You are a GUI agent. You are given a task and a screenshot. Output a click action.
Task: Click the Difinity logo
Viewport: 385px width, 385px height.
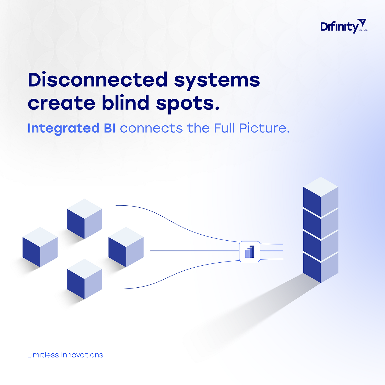pos(344,26)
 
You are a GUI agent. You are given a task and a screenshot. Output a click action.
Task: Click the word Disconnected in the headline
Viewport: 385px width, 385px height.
pos(98,80)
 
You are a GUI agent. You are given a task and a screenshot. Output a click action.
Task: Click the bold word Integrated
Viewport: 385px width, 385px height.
pos(64,129)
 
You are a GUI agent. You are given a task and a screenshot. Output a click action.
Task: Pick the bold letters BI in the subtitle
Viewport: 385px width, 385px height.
pos(110,128)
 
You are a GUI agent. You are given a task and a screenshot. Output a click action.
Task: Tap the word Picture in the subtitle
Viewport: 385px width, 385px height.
pos(264,128)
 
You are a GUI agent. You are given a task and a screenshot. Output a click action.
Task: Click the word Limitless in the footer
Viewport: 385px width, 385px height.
pos(43,355)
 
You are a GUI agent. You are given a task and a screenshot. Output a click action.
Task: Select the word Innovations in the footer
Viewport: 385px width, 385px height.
pos(82,355)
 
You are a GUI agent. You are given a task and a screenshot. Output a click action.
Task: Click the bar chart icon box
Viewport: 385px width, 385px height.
pos(249,252)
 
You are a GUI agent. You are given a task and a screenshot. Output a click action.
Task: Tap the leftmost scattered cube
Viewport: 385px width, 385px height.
pos(40,247)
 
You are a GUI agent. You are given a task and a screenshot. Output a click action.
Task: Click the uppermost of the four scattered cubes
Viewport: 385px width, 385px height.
pos(84,219)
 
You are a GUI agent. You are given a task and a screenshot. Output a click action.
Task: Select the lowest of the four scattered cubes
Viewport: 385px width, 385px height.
pos(84,279)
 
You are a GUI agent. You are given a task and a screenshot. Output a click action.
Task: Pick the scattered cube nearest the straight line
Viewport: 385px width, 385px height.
pos(126,247)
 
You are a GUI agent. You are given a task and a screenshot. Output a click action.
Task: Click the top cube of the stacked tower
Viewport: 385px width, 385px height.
pos(321,197)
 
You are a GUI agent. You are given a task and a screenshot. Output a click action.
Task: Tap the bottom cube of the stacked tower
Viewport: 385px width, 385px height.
pos(321,268)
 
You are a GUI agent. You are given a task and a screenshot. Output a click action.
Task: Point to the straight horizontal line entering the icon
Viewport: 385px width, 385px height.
pos(195,251)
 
